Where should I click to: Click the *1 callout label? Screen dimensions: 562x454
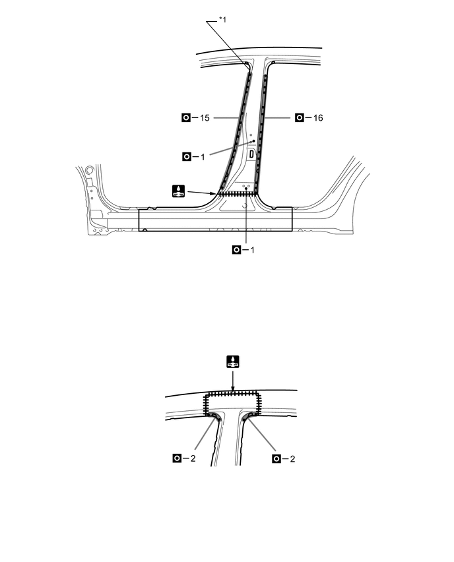coord(222,19)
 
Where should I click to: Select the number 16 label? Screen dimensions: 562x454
coord(318,118)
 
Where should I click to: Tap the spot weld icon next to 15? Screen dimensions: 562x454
coord(186,118)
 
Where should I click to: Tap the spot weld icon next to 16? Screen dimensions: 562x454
coord(300,118)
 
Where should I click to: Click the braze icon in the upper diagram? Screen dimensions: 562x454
coord(178,191)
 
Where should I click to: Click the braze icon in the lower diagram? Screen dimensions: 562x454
coord(232,361)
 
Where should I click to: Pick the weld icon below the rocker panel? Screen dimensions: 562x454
coord(237,250)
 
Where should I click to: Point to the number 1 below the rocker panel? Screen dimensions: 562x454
coord(254,250)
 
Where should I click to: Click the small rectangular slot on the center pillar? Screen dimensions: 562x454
coord(251,154)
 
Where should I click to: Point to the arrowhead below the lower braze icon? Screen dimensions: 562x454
coord(232,389)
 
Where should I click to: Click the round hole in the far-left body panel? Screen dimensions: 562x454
coord(90,170)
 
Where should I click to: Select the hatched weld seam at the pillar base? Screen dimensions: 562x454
coord(236,193)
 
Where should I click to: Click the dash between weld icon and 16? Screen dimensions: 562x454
coord(309,118)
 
